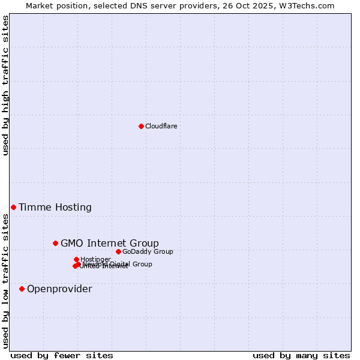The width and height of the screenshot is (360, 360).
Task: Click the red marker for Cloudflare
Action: pyautogui.click(x=141, y=126)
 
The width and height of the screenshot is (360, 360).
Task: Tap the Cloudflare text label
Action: pyautogui.click(x=161, y=126)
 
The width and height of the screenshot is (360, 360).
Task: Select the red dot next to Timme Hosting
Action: pyautogui.click(x=13, y=207)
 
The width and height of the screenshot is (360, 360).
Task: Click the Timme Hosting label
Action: pyautogui.click(x=55, y=208)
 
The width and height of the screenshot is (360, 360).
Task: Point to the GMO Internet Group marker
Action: pyautogui.click(x=55, y=243)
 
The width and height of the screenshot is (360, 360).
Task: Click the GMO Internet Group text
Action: pyautogui.click(x=110, y=243)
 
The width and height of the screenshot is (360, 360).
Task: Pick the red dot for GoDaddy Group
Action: pyautogui.click(x=118, y=251)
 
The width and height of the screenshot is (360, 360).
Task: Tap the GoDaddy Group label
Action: pyautogui.click(x=148, y=251)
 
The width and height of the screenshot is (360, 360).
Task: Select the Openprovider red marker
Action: pyautogui.click(x=22, y=289)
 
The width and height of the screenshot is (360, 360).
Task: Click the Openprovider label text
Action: pyautogui.click(x=59, y=289)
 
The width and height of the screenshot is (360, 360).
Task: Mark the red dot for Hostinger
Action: pyautogui.click(x=76, y=259)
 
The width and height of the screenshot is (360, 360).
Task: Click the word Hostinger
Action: pyautogui.click(x=95, y=259)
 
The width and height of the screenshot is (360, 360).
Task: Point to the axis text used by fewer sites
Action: pyautogui.click(x=62, y=355)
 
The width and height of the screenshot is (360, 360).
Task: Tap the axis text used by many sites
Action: pyautogui.click(x=301, y=355)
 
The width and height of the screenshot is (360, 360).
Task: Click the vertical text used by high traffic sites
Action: pyautogui.click(x=5, y=85)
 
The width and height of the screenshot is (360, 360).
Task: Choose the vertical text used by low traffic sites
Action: pyautogui.click(x=5, y=281)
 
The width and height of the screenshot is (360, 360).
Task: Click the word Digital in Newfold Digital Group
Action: pyautogui.click(x=120, y=264)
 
